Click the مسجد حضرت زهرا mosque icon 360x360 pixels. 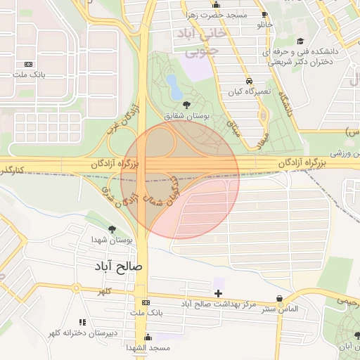tap(216, 6)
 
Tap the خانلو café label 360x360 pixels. tap(264, 25)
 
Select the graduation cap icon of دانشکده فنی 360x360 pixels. tap(300, 41)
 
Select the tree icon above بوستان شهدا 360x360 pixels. tap(112, 229)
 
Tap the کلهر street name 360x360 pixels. tap(105, 290)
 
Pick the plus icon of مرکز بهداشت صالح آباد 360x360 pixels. tap(218, 292)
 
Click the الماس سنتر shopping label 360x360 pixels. tap(281, 309)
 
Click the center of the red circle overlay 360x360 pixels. tap(180, 180)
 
